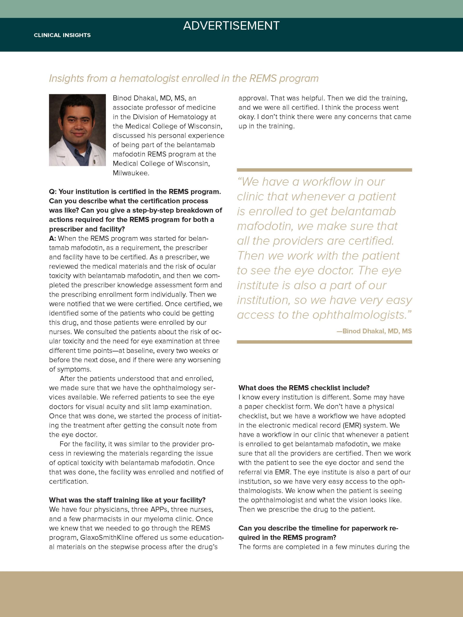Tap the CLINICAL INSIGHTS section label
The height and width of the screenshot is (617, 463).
pos(62,35)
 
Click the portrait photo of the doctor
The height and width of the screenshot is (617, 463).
pos(77,130)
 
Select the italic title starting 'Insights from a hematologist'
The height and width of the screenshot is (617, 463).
pos(183,78)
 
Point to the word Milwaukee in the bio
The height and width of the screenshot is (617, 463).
pos(131,173)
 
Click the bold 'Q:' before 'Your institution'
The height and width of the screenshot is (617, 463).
pos(53,192)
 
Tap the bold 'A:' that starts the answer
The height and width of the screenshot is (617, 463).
pos(53,239)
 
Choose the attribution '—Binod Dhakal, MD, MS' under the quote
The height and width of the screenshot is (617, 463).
pos(374,331)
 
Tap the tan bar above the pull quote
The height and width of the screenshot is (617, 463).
pos(324,170)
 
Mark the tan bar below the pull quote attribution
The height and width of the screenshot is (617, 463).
pos(324,342)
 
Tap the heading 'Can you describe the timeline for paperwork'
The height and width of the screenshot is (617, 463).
pos(318,528)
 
